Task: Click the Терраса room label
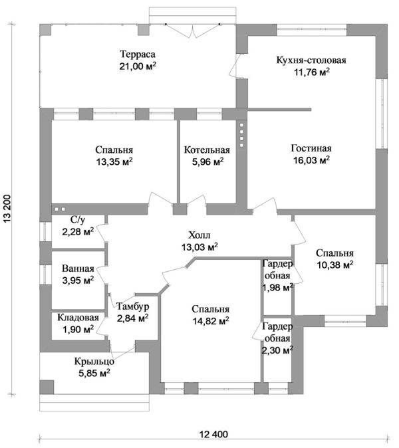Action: click(138, 54)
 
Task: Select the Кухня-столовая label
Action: click(311, 60)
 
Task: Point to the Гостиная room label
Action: click(311, 148)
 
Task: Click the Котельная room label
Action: click(207, 150)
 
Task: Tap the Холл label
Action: click(199, 235)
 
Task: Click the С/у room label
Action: click(77, 220)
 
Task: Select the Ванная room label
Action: click(77, 269)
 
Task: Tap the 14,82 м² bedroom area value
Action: click(210, 321)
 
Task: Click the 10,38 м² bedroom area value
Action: click(334, 265)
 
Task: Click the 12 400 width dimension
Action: click(213, 435)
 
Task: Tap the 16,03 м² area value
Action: click(311, 160)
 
